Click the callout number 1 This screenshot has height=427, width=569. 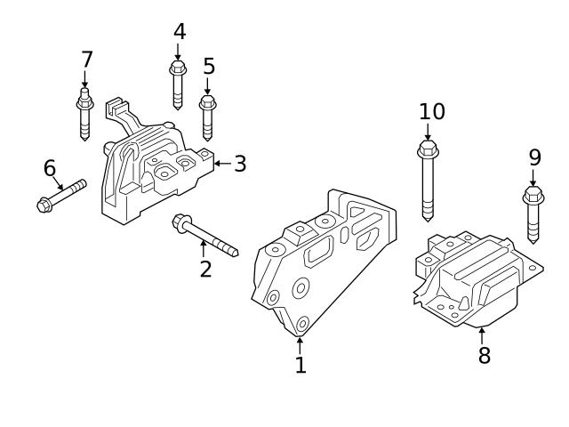301,365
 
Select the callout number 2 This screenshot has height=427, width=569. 205,268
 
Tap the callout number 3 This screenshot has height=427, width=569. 240,165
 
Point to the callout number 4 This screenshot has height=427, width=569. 179,32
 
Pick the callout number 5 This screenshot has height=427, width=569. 209,67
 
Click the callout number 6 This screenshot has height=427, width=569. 50,168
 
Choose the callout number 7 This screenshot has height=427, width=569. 86,60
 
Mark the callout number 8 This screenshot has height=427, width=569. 484,356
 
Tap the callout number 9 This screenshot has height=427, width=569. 534,157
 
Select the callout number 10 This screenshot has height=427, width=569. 432,112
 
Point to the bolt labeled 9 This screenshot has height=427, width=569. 533,213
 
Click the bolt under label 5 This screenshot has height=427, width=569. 208,117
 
